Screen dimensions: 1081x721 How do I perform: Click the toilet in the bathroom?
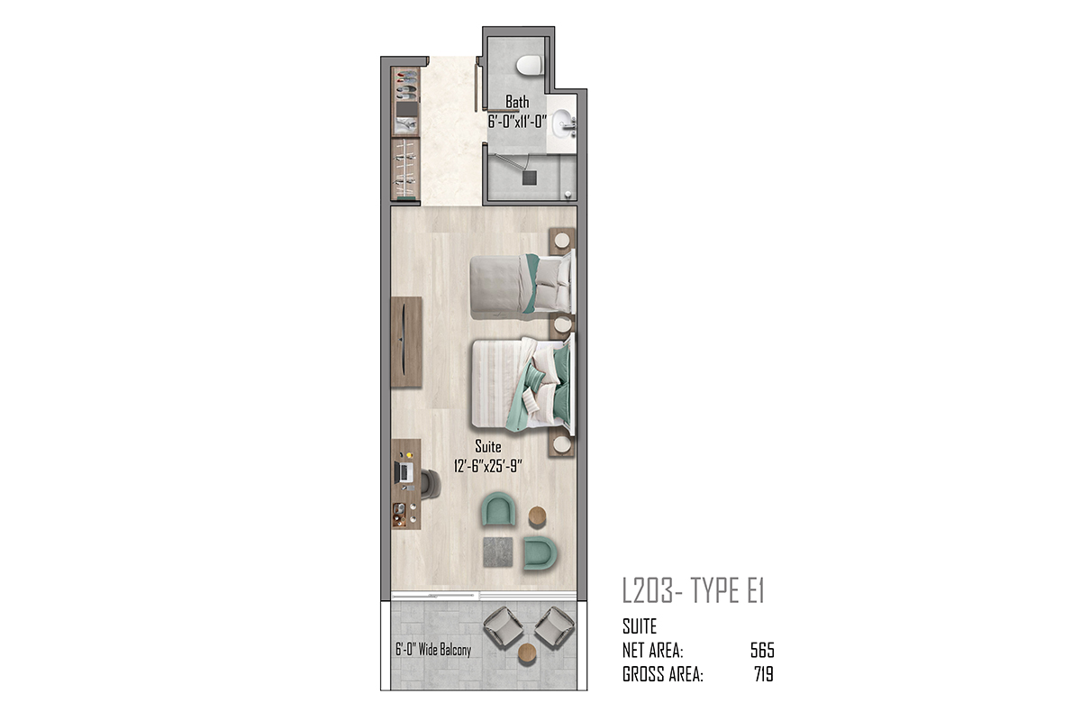pos(530,65)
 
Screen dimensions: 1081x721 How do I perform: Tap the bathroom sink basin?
pos(562,123)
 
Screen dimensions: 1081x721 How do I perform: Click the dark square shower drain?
pos(529,178)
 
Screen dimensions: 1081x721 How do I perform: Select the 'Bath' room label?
pos(517,102)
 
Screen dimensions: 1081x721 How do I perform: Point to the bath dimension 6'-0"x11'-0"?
pos(517,121)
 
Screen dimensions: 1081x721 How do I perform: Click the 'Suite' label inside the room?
pos(488,446)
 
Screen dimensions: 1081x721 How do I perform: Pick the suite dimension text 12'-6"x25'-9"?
pos(488,466)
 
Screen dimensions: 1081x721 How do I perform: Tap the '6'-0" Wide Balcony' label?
pos(433,650)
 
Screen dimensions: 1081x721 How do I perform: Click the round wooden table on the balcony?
pos(527,653)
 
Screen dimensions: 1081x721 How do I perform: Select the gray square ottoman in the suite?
pos(497,552)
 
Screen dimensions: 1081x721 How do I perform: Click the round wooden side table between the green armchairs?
pos(537,516)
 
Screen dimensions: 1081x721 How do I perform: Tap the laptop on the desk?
pos(404,472)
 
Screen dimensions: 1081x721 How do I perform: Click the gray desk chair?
pos(431,484)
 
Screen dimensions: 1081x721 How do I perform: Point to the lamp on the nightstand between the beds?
pos(562,324)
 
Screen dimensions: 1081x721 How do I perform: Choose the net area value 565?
pos(762,651)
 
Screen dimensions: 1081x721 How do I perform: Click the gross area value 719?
pos(764,674)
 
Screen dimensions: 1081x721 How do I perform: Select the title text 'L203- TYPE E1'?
pos(694,590)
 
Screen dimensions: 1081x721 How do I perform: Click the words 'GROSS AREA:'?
pos(663,674)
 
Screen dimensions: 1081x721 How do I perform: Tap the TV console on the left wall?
pos(406,342)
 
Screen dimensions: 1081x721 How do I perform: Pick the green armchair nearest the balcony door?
pos(540,552)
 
